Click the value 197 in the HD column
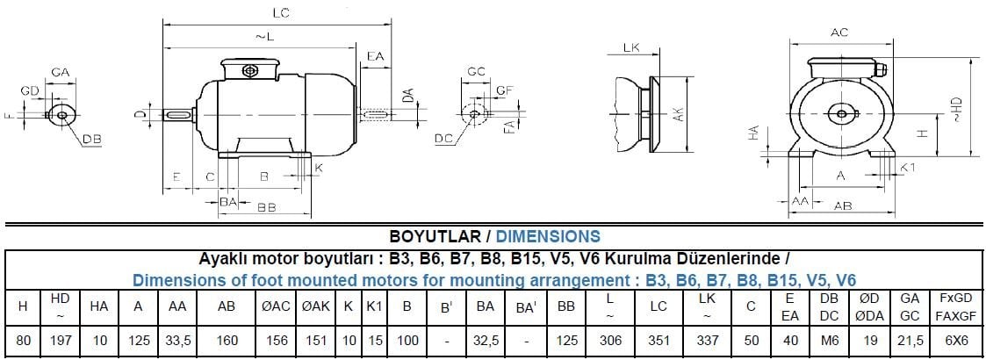point(60,341)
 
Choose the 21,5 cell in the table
point(909,341)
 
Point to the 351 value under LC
point(658,341)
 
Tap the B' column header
point(446,306)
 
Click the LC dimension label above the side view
point(280,12)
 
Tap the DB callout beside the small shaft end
point(92,140)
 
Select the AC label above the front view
point(838,32)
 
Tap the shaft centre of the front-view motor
point(841,112)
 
